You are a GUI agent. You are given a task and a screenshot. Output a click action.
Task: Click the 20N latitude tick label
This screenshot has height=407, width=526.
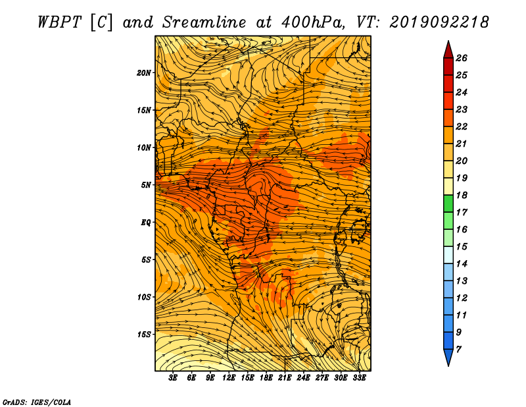144,72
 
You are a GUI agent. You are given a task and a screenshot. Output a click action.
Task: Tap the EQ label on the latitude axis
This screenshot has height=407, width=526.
146,222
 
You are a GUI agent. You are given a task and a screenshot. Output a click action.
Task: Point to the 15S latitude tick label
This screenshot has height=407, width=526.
144,335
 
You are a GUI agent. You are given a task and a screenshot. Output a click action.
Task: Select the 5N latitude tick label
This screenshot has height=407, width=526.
146,185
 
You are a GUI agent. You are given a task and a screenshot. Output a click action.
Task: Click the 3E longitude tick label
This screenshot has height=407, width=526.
173,378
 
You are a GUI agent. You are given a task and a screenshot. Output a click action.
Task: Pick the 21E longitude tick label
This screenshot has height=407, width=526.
285,378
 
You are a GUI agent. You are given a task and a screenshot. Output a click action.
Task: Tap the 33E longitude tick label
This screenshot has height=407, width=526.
359,378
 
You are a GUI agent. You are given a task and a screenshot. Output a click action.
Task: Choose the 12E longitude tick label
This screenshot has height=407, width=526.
229,378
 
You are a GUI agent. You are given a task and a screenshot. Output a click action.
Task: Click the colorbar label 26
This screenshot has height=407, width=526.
462,58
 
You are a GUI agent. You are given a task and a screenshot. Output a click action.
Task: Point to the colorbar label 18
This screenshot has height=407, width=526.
462,195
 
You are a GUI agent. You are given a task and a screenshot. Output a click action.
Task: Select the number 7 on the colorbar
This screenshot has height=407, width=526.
458,349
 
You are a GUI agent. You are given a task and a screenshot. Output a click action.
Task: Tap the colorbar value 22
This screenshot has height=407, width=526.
462,126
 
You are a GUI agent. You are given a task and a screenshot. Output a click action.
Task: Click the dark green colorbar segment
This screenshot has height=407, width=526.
448,203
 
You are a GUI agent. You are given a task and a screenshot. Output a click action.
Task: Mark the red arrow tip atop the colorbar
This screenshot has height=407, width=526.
448,41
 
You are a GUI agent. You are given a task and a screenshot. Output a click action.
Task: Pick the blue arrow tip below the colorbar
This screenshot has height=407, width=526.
448,366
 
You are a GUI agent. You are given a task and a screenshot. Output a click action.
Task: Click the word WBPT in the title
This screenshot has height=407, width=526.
59,22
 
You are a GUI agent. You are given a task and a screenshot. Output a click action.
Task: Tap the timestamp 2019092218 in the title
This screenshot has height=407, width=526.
439,22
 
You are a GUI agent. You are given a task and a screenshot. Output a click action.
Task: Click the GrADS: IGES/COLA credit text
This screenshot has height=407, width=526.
37,402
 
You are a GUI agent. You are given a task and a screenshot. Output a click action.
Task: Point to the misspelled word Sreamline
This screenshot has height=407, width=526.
204,22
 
